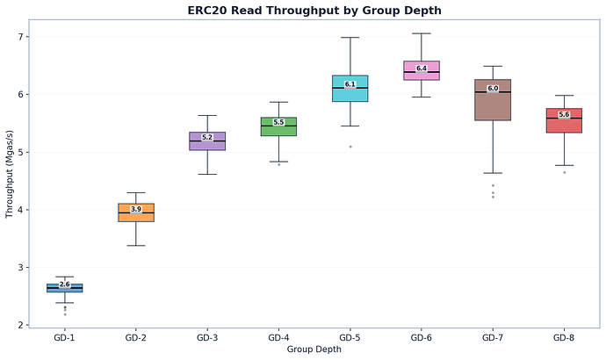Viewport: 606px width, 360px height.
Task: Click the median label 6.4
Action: tap(422, 68)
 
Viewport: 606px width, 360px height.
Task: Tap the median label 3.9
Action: tap(136, 209)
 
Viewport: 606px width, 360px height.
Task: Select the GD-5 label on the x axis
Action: tap(350, 338)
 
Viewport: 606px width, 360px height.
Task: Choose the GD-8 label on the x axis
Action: tap(564, 338)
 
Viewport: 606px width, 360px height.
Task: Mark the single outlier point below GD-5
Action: tap(350, 147)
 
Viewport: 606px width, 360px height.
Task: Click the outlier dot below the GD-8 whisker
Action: tap(564, 172)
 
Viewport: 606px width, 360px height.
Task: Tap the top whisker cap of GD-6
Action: tap(422, 33)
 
